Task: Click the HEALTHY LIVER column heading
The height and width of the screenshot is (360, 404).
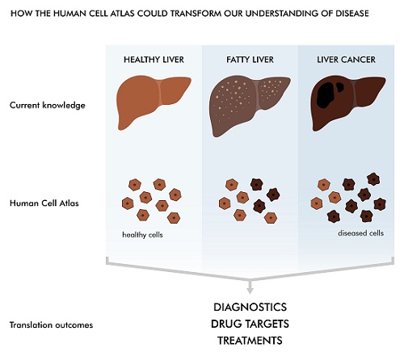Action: point(154,60)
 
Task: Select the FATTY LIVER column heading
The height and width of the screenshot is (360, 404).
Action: point(250,60)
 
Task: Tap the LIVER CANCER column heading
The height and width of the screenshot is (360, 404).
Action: point(346,60)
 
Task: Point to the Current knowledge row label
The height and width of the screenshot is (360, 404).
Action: point(48,105)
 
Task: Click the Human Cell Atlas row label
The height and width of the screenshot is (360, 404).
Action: point(44,203)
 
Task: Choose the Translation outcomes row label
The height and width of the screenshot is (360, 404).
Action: point(51,325)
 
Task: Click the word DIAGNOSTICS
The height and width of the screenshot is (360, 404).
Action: point(250,307)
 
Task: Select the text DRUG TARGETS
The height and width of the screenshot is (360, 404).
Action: point(250,324)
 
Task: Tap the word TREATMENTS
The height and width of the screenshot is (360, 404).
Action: point(250,341)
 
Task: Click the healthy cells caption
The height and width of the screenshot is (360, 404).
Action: point(142,235)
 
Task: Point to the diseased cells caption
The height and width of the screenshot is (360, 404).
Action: point(361,233)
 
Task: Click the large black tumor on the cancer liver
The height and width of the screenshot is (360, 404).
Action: point(326,95)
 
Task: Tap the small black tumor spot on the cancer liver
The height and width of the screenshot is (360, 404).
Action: point(340,87)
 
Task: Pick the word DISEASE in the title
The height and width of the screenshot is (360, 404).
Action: point(352,14)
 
